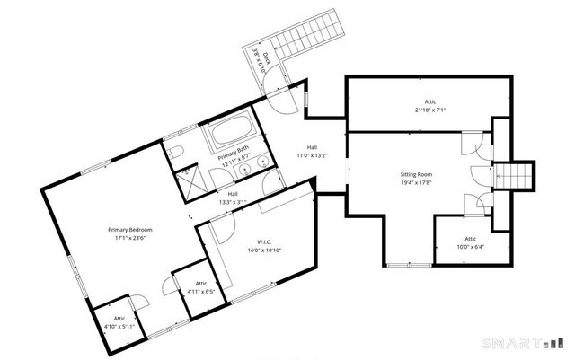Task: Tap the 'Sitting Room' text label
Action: tap(416, 174)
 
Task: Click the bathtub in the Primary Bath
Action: tap(233, 136)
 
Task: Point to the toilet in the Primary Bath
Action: tap(176, 149)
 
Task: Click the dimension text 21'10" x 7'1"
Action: tap(429, 110)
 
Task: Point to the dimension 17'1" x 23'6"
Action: tap(130, 239)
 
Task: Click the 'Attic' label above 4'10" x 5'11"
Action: tap(119, 318)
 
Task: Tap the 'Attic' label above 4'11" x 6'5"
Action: tap(200, 284)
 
